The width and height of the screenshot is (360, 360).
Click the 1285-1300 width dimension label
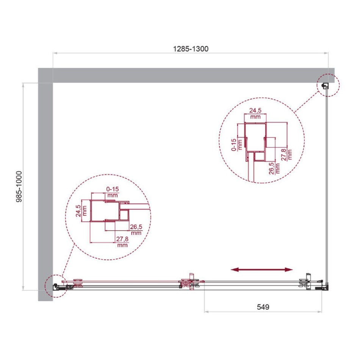coord(191,49)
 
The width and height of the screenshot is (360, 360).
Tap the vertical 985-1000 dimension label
coord(19,186)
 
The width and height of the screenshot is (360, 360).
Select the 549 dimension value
coord(263,307)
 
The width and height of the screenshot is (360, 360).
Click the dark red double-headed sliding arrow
coord(261,269)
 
